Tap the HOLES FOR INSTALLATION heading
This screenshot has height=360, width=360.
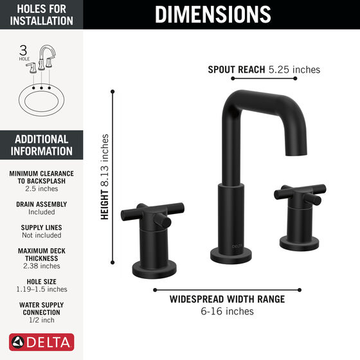(42, 14)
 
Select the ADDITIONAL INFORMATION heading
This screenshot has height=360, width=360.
(42, 145)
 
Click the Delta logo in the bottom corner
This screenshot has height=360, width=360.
(42, 342)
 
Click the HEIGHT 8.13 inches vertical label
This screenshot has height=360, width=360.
(104, 177)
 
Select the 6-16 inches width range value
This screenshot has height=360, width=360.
(226, 312)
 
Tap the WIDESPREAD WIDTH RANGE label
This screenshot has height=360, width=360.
(227, 299)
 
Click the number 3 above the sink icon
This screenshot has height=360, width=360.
(23, 50)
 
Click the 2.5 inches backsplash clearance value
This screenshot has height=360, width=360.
(42, 189)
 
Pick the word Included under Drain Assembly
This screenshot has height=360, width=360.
(42, 212)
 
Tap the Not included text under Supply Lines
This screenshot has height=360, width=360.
(42, 235)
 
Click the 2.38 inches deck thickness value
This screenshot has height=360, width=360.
(42, 266)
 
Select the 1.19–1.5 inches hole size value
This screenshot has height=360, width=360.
(42, 289)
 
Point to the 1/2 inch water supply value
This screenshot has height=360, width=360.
(42, 320)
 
